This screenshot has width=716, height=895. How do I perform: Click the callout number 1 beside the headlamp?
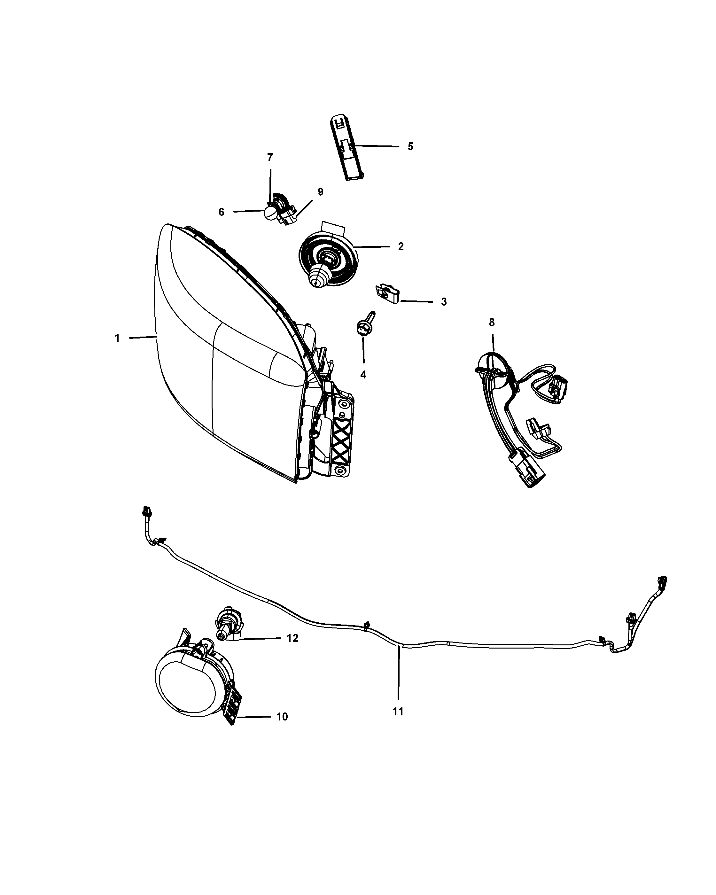tap(117, 338)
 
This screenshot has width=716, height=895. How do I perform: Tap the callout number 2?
tap(401, 246)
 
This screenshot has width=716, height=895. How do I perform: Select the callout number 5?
tap(410, 146)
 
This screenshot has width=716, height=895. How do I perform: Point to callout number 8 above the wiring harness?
tap(492, 322)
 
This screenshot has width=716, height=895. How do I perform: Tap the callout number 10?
tap(282, 728)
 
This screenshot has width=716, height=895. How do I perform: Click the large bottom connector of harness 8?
tap(524, 471)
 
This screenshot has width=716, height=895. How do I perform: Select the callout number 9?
tap(320, 192)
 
